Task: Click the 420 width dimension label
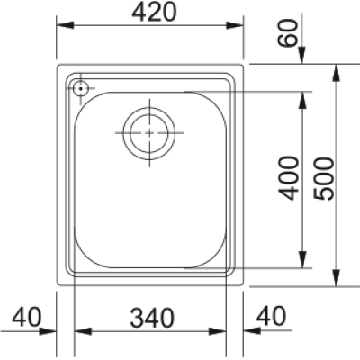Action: (154, 13)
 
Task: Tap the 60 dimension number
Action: (288, 33)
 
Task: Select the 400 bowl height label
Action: (289, 178)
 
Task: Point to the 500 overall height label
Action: (323, 178)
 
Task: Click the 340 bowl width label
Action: (152, 318)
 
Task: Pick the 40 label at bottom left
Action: (26, 317)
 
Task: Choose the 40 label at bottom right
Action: (272, 316)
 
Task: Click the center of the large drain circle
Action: (149, 133)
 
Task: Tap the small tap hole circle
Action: (80, 88)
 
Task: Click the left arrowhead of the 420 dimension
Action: (65, 25)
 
